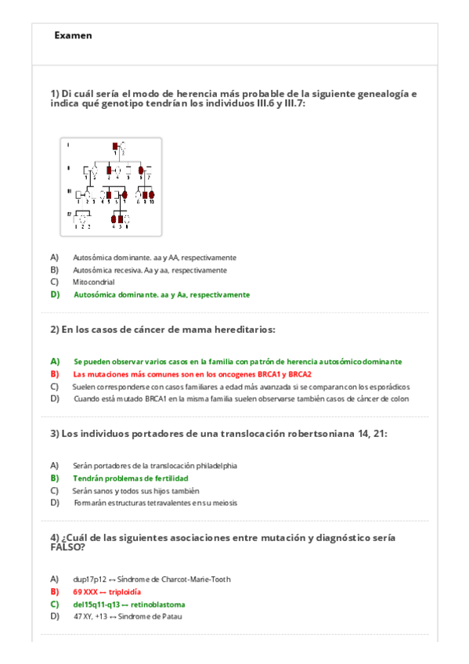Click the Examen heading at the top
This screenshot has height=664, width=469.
(74, 35)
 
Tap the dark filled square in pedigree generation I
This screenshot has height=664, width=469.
(115, 145)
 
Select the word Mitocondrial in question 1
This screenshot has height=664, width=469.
(93, 282)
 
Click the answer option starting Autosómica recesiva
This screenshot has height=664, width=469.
(150, 270)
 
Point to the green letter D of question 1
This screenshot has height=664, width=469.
(55, 294)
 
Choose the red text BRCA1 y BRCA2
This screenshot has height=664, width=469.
(279, 374)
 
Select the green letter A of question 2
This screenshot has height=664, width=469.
(55, 362)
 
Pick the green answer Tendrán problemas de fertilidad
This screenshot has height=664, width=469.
(131, 478)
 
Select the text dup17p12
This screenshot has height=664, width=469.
(88, 579)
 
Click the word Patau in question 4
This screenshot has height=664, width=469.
(173, 616)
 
